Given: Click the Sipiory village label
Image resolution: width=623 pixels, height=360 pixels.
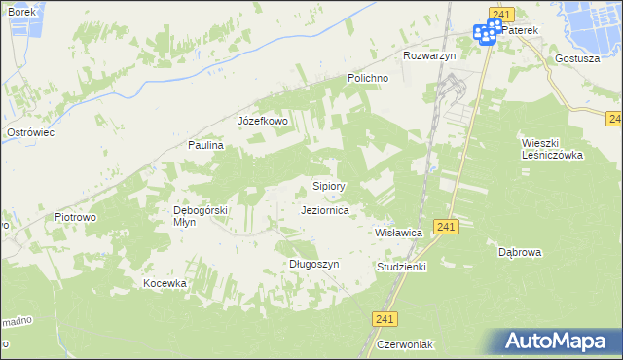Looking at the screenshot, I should pyautogui.click(x=328, y=185).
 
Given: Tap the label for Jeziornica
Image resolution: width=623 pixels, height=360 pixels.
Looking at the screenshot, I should pyautogui.click(x=333, y=209).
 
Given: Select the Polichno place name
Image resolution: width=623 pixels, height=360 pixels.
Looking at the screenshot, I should pyautogui.click(x=369, y=78).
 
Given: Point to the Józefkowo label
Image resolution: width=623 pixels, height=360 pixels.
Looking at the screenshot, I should pyautogui.click(x=264, y=121).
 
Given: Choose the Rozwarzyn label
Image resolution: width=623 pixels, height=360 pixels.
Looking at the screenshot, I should pyautogui.click(x=429, y=55).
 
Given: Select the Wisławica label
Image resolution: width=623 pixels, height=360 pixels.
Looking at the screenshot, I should pyautogui.click(x=398, y=234).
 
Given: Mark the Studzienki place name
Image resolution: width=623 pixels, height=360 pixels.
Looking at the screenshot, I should pyautogui.click(x=401, y=266).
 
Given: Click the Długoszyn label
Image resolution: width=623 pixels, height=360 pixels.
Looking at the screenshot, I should pyautogui.click(x=314, y=264).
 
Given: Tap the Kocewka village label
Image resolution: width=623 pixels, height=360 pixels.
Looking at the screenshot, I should pyautogui.click(x=165, y=283).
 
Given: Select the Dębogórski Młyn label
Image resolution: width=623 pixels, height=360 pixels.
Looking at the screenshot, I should pyautogui.click(x=200, y=216).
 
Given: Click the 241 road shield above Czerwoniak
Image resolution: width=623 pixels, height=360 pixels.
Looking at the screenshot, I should pyautogui.click(x=385, y=318).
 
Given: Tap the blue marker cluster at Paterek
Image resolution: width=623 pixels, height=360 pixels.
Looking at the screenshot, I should pyautogui.click(x=488, y=32).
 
